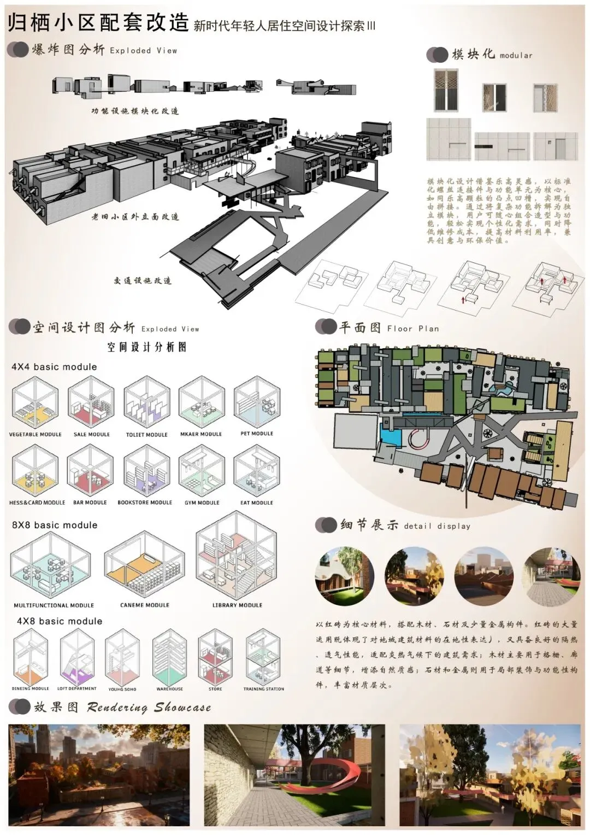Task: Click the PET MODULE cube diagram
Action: (x=257, y=405)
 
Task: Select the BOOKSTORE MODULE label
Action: (x=145, y=503)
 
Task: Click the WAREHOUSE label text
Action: (x=169, y=689)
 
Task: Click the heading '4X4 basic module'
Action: (x=54, y=367)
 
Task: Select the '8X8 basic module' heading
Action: (x=55, y=525)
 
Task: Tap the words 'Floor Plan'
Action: (x=413, y=329)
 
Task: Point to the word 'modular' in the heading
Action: (x=516, y=55)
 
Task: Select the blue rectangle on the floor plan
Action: (x=390, y=437)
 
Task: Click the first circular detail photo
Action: (x=345, y=576)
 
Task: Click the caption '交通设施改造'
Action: (x=143, y=281)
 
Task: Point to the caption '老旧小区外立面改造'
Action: (x=135, y=217)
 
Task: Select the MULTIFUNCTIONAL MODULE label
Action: (x=54, y=605)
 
